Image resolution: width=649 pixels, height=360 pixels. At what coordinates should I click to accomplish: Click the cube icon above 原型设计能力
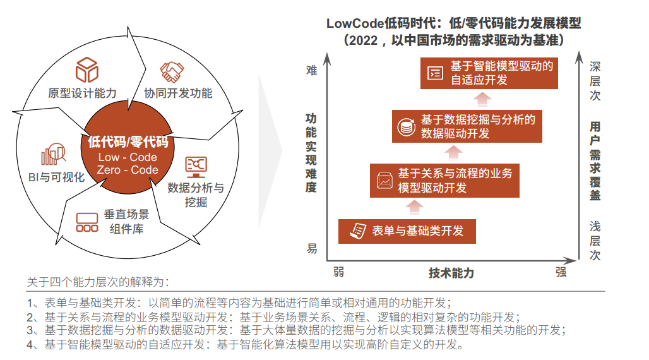(x=87, y=69)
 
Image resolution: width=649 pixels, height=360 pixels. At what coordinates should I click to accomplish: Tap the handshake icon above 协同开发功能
(x=172, y=71)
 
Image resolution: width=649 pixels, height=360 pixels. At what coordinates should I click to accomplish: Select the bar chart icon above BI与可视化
(x=54, y=154)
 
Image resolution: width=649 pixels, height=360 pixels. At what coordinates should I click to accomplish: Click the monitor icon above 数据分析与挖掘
(x=196, y=167)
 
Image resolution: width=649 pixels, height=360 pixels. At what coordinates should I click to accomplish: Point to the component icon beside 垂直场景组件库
(x=87, y=222)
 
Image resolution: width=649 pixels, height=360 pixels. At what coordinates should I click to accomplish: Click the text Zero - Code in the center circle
(x=128, y=170)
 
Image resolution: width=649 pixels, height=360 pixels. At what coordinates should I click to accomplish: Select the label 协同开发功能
(x=178, y=93)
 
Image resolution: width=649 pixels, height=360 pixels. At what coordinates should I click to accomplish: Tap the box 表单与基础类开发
(x=407, y=231)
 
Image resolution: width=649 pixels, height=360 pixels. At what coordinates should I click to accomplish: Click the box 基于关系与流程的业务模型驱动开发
(x=444, y=180)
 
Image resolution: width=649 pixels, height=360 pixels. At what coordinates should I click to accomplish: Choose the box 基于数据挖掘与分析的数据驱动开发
(x=467, y=126)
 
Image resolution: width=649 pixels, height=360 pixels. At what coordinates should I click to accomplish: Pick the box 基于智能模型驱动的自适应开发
(x=489, y=73)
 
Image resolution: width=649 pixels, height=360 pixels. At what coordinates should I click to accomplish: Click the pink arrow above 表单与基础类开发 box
(x=414, y=207)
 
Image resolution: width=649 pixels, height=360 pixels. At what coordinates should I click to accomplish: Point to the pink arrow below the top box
(x=482, y=99)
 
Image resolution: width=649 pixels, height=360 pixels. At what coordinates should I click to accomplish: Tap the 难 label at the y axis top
(x=312, y=71)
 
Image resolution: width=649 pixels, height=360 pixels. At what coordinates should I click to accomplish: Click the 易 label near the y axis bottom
(x=312, y=249)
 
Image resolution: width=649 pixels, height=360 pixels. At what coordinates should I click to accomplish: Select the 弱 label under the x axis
(x=338, y=272)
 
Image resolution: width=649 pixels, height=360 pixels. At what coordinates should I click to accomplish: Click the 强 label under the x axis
(x=561, y=272)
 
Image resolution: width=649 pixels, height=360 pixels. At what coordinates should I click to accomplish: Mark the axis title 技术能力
(x=451, y=273)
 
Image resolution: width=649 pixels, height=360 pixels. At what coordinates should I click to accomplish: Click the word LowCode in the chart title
(x=355, y=23)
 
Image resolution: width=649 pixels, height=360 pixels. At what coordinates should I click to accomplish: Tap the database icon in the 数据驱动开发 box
(x=406, y=127)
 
